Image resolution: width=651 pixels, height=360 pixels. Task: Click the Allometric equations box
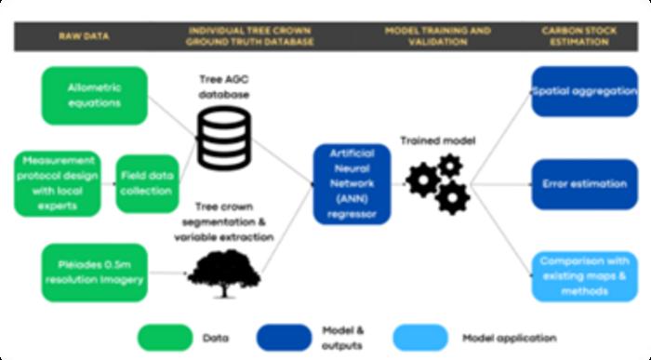coord(94,95)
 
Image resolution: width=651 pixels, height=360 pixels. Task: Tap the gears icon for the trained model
coord(437,183)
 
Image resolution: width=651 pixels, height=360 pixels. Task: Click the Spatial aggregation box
coord(584,91)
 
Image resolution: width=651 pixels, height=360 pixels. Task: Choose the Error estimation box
coord(584,184)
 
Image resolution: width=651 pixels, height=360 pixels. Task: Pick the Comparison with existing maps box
coord(584,277)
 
